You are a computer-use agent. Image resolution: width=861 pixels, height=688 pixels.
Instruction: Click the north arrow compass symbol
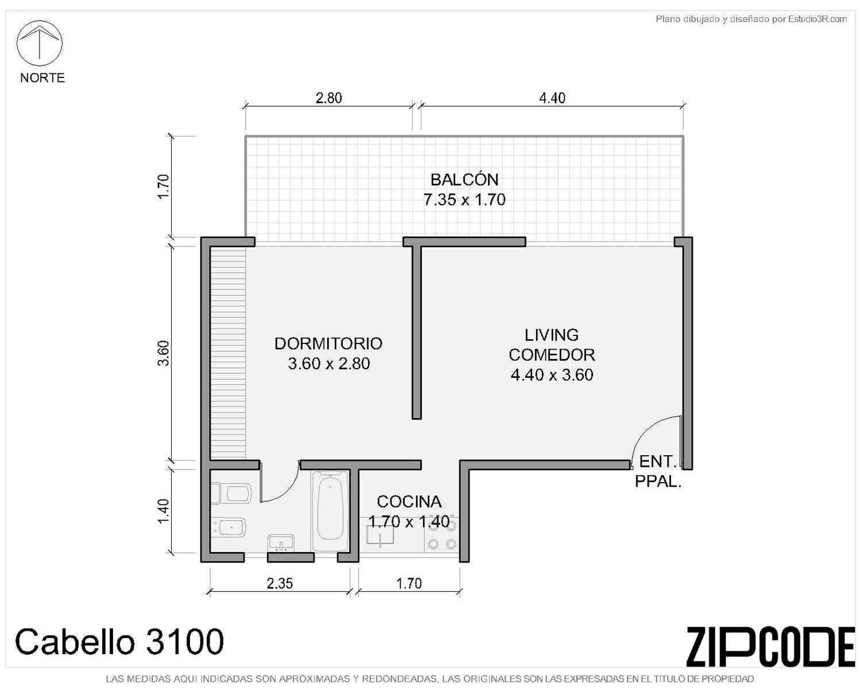39,43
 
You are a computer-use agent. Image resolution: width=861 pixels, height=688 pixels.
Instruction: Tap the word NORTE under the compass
42,77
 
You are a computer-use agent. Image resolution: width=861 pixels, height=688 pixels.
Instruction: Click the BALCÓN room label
464,179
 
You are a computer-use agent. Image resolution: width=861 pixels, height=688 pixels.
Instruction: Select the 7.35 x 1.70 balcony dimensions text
464,199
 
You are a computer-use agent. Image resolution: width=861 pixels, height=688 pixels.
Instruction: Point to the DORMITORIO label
328,343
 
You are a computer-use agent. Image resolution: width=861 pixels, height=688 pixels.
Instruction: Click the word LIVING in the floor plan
552,335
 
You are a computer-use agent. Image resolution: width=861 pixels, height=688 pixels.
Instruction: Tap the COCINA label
409,501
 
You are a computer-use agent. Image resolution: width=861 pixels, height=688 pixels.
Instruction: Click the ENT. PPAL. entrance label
658,471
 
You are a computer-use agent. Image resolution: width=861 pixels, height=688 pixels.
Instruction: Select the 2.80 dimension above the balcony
329,98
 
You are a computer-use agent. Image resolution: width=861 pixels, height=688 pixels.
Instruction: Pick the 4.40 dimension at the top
552,98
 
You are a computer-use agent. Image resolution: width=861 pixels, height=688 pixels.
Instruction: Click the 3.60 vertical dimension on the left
164,353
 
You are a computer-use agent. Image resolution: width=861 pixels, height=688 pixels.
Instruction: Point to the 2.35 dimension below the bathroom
280,583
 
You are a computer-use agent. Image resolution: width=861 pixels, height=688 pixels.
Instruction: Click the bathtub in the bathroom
330,511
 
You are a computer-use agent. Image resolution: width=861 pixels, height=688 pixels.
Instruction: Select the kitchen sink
379,536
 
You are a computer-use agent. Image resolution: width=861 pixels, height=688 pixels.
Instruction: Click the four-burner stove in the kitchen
442,535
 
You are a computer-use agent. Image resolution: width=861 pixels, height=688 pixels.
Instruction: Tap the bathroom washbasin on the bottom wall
281,544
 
